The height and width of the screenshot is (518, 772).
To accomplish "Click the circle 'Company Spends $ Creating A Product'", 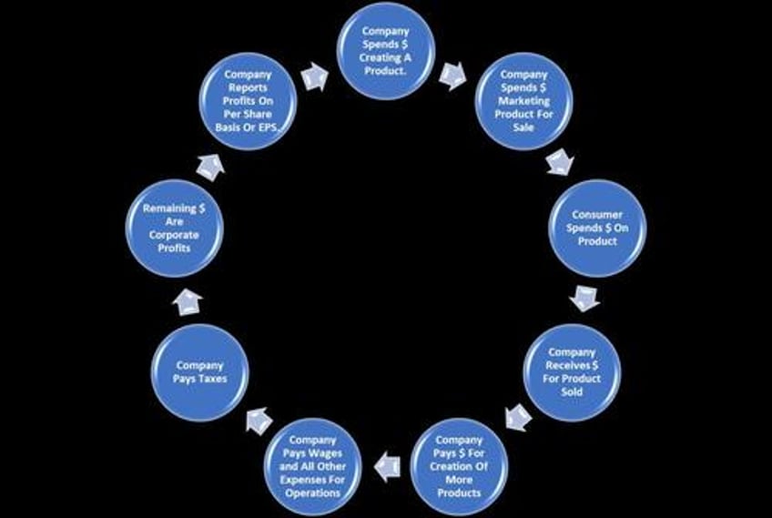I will coord(386,50).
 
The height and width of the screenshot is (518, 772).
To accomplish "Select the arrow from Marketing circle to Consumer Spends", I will coord(559,163).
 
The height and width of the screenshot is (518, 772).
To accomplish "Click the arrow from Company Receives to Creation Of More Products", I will coord(518,417).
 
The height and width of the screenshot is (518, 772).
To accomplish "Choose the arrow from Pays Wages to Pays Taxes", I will coord(259,421).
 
